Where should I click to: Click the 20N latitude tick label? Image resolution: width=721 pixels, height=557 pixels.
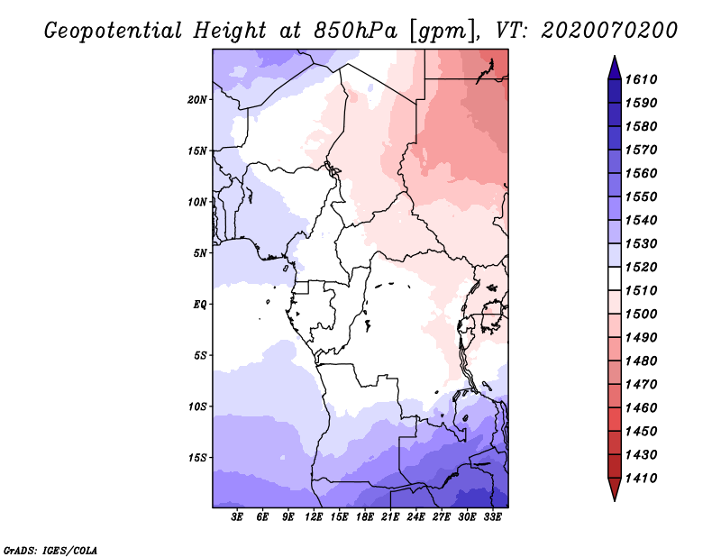[x=196, y=100]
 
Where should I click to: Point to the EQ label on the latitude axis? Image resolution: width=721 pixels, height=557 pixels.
[x=200, y=305]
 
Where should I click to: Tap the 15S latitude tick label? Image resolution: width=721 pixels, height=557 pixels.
[x=197, y=458]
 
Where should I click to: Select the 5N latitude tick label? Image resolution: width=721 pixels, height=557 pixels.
[x=200, y=253]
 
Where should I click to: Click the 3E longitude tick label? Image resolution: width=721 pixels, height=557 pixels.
[x=237, y=517]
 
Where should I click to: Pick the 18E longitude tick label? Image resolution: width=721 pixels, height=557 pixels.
[x=365, y=517]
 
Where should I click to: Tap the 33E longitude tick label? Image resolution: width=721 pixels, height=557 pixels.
[x=492, y=517]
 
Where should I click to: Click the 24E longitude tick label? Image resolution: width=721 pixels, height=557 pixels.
[x=415, y=517]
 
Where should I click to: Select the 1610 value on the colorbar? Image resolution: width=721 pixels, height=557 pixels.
[x=642, y=79]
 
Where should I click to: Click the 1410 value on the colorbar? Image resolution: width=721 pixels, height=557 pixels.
[x=642, y=479]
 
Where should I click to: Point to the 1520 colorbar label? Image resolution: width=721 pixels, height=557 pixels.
[x=642, y=267]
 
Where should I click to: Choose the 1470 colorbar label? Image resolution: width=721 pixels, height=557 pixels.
[x=642, y=385]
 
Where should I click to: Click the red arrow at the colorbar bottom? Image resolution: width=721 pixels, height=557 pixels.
[x=615, y=489]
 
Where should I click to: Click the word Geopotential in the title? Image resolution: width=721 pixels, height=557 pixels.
[x=114, y=31]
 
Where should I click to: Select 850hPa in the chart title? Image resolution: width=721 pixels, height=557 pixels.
[x=356, y=31]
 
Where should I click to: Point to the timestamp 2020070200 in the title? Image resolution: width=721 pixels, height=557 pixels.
[x=609, y=31]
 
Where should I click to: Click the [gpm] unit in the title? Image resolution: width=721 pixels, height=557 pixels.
[x=443, y=32]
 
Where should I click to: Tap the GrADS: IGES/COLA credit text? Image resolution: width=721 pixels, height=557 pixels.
[x=50, y=551]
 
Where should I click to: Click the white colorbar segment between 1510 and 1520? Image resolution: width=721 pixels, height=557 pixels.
[x=615, y=278]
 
